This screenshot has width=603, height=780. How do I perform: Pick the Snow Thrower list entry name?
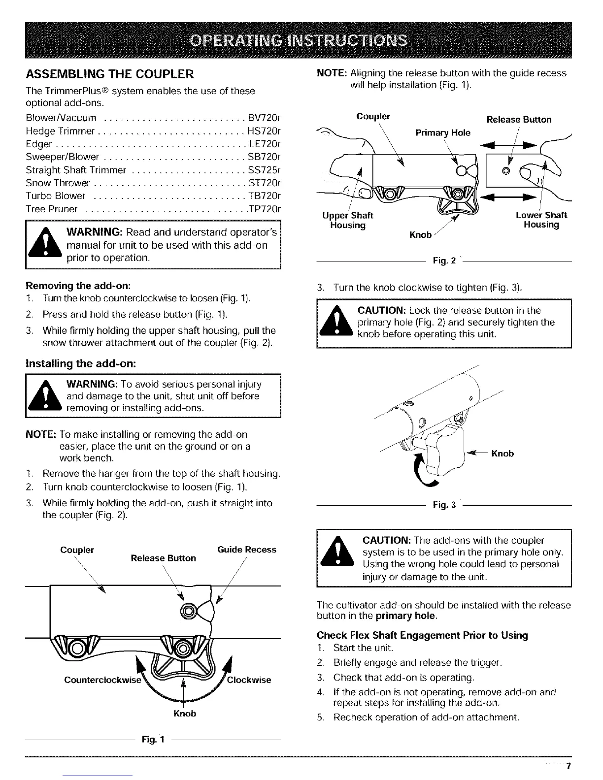58,183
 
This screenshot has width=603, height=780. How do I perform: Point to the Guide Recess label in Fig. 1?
246,550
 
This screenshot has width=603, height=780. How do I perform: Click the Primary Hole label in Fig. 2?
443,132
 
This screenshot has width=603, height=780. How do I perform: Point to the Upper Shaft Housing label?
347,220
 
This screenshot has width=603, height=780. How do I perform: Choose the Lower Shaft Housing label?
541,220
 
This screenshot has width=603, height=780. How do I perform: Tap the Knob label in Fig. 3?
502,454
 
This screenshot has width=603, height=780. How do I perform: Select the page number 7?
568,766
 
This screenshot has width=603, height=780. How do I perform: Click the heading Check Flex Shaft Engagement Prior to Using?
422,635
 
